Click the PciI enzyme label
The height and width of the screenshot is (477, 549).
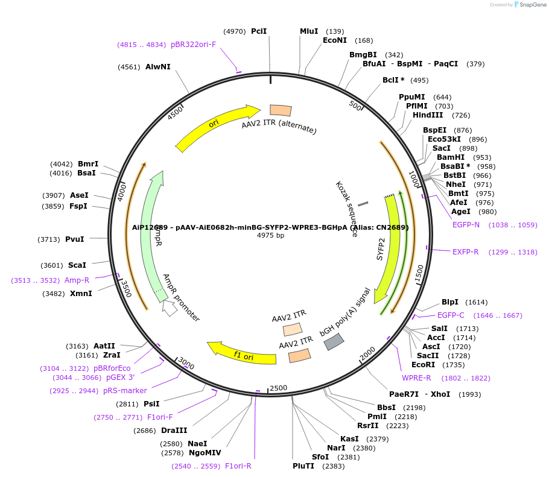(x=259, y=31)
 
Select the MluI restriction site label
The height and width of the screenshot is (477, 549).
(x=309, y=31)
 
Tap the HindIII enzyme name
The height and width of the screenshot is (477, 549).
(x=428, y=115)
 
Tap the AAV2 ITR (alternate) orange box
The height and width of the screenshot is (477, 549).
(x=281, y=110)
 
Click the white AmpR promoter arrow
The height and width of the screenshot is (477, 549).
(x=170, y=308)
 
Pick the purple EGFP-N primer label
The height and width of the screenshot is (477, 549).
(x=466, y=225)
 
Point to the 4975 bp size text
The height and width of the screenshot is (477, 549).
(x=270, y=235)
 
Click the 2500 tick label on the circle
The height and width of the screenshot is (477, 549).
(x=278, y=388)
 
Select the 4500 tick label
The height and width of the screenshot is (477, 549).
(x=176, y=112)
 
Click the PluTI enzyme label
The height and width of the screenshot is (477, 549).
(x=303, y=466)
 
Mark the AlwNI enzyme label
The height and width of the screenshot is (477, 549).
(x=158, y=67)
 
